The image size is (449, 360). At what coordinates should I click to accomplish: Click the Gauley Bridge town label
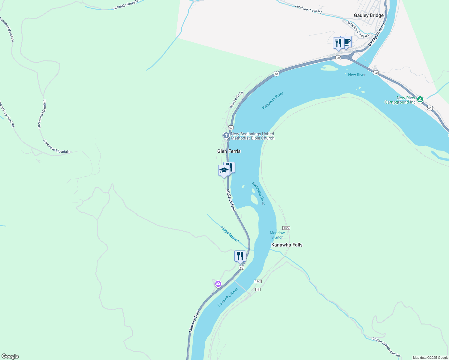(369, 15)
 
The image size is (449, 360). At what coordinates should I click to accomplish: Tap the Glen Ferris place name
(229, 151)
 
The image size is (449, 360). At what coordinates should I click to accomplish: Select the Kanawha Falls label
(287, 245)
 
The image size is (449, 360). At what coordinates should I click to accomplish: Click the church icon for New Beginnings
(226, 136)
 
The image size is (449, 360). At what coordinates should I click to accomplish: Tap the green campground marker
(420, 99)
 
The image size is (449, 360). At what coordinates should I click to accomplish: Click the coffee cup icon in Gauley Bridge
(347, 42)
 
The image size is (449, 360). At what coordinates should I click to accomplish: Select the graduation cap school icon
(224, 171)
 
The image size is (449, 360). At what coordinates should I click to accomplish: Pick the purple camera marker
(218, 283)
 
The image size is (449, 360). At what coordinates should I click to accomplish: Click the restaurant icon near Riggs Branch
(240, 256)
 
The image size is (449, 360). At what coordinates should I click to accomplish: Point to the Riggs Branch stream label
(230, 234)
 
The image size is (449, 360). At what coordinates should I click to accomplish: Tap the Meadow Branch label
(277, 235)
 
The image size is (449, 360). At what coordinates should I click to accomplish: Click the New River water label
(357, 75)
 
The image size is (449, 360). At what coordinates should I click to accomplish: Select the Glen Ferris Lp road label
(236, 100)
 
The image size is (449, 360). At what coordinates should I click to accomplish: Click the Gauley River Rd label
(376, 34)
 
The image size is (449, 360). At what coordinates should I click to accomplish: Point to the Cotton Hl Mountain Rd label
(386, 347)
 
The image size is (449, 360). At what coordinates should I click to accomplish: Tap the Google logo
(10, 356)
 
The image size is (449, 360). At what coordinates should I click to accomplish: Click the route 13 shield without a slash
(258, 289)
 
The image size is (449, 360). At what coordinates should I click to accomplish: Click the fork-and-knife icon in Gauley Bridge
(338, 43)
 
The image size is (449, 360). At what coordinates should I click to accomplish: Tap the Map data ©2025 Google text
(430, 358)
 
